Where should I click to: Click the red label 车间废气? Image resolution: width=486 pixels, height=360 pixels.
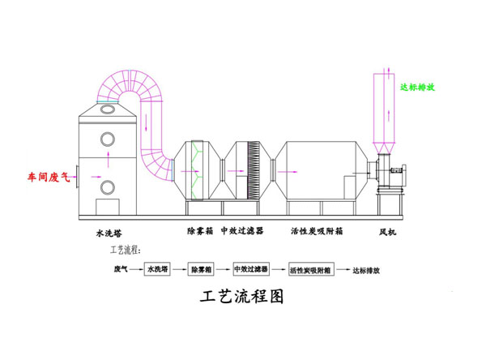pyautogui.click(x=49, y=175)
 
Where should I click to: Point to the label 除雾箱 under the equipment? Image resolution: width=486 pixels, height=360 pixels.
pyautogui.click(x=199, y=231)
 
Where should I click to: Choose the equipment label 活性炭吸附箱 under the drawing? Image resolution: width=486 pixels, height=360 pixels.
pyautogui.click(x=318, y=231)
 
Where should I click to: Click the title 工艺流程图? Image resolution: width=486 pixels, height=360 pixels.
pyautogui.click(x=242, y=297)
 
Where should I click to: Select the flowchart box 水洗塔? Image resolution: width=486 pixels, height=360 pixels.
pyautogui.click(x=156, y=268)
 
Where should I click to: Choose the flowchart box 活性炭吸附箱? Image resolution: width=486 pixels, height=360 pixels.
pyautogui.click(x=311, y=268)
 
